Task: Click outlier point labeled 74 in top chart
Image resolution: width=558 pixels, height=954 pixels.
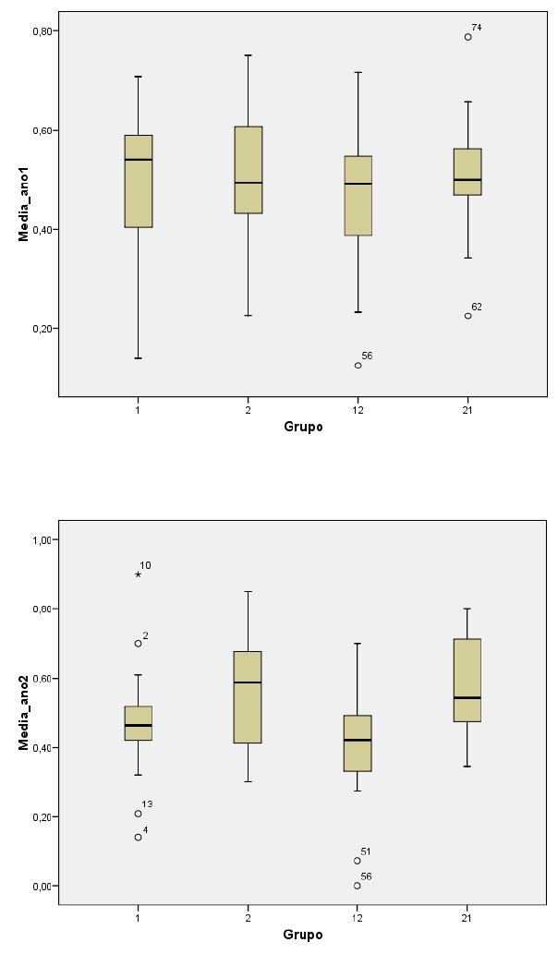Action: pos(468,37)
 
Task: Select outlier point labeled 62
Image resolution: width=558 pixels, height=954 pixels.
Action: pos(468,316)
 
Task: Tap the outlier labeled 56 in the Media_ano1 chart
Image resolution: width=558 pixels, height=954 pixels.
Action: pos(358,365)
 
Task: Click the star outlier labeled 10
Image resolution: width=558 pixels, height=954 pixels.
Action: pos(139,574)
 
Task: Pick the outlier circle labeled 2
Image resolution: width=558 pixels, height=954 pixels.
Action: pos(139,644)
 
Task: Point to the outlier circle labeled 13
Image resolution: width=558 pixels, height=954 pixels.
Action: pos(139,814)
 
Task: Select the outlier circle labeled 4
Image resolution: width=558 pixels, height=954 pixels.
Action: pos(139,838)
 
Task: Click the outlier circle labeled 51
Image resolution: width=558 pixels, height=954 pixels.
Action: pos(358,861)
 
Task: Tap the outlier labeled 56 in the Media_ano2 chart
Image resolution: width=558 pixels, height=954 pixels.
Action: pos(358,885)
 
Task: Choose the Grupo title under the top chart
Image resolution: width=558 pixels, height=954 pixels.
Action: pos(303,428)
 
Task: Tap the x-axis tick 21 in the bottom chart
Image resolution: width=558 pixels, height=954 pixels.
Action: pos(467,918)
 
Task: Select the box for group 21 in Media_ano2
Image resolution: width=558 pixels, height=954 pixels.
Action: pos(467,680)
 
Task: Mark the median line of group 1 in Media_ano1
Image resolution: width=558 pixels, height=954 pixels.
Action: pos(139,160)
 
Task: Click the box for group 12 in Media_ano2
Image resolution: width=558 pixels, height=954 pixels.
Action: pos(358,743)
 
